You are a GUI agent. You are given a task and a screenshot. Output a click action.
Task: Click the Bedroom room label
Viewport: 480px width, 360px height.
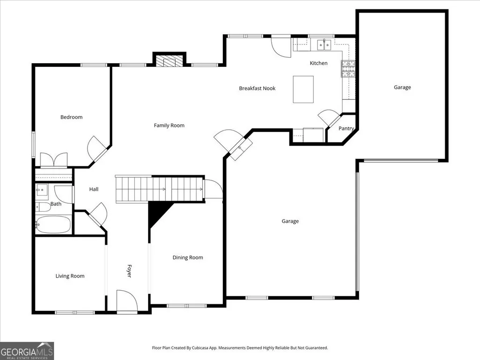[71, 117]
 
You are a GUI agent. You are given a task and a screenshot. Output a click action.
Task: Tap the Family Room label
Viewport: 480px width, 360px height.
[169, 125]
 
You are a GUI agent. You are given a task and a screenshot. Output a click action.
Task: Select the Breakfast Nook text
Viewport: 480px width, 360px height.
[257, 88]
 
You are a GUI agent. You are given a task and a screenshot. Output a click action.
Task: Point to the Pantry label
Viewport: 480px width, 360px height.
[346, 129]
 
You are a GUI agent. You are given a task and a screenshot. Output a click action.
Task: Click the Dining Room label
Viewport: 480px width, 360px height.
[188, 257]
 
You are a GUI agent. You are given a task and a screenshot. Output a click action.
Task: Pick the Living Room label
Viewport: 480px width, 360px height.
[70, 276]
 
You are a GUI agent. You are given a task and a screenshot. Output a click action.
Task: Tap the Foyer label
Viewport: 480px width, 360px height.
[129, 271]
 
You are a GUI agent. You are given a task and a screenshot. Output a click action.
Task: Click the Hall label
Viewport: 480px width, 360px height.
[94, 189]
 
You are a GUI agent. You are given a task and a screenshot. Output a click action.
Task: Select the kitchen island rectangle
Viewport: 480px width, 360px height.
[303, 89]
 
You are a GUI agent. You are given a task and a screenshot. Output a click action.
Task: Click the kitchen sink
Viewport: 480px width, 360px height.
[324, 44]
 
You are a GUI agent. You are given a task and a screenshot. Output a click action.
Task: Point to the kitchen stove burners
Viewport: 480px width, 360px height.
[348, 68]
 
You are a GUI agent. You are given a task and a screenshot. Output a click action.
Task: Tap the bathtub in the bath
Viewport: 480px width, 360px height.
[53, 224]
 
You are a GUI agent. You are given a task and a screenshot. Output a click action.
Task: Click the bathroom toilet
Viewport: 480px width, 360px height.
[43, 207]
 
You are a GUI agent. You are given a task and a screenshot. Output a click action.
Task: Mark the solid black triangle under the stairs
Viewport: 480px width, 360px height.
[158, 213]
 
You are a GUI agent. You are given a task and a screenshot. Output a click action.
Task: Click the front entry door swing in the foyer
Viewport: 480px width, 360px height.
[127, 301]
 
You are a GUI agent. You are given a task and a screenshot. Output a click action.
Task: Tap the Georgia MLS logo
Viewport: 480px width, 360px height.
[27, 351]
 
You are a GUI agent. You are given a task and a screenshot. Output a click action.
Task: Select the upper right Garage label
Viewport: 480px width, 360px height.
[402, 87]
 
